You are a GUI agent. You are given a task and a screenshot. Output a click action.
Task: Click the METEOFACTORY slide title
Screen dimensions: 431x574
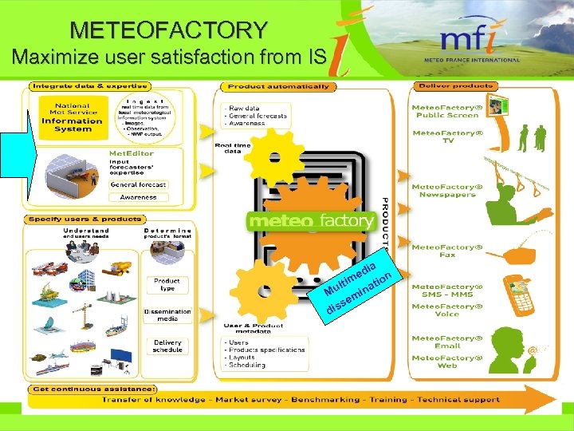[x=169, y=30]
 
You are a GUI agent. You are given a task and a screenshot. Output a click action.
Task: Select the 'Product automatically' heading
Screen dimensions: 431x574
[x=277, y=86]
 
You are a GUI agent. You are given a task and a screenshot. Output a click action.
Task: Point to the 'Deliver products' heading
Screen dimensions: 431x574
[x=446, y=85]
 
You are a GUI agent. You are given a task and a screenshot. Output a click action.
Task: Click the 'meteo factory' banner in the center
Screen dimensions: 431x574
[x=312, y=220]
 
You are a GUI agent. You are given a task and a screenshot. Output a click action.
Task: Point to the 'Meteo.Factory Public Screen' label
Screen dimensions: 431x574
[x=446, y=111]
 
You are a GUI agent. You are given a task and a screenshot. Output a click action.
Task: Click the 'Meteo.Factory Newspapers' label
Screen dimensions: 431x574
[x=447, y=190]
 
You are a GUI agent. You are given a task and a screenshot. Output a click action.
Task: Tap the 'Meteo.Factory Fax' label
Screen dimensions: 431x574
[x=447, y=251]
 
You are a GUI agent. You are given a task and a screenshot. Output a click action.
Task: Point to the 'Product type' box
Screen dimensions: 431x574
[x=167, y=284]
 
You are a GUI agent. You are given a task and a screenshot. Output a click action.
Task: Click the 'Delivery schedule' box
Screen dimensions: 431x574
[x=167, y=346]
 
